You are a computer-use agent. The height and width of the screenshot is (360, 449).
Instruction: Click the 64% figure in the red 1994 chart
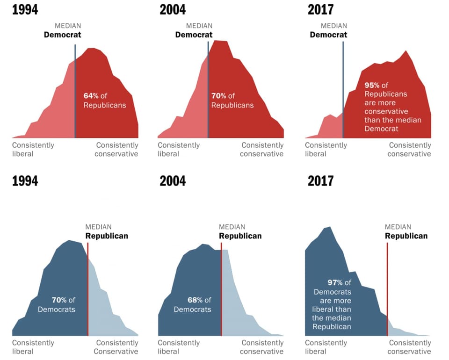coord(91,96)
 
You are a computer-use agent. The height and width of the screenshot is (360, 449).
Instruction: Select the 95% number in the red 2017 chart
coord(372,86)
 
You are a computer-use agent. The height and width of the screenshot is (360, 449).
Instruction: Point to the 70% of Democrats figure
coord(59,300)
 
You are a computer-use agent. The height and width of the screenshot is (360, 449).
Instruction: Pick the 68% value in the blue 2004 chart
coord(195,300)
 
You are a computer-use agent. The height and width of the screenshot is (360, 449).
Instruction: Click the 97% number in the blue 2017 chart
coord(335,283)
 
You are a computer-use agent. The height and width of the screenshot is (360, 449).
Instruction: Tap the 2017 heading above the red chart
coord(320,9)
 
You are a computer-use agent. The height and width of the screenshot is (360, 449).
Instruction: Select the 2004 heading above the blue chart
coord(173,181)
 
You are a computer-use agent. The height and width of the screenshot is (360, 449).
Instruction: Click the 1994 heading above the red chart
coord(25,9)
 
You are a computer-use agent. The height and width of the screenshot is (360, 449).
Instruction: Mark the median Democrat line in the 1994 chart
coord(75,94)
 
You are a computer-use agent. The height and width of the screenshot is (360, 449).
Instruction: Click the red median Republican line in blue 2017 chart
coord(387,281)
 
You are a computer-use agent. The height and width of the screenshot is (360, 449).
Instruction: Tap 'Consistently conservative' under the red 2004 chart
coord(262,150)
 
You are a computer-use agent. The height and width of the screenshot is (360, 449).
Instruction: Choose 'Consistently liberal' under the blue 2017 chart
coord(326,347)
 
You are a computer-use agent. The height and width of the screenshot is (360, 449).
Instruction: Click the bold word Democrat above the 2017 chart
coord(328,35)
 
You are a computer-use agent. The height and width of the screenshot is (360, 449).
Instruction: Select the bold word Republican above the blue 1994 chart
coord(107,236)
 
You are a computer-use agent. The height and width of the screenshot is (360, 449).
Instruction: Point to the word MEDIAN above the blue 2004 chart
coord(232,227)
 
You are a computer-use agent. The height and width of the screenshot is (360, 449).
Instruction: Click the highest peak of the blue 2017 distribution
coord(329,228)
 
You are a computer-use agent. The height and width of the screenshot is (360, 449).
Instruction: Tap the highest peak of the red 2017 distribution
coord(406,51)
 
